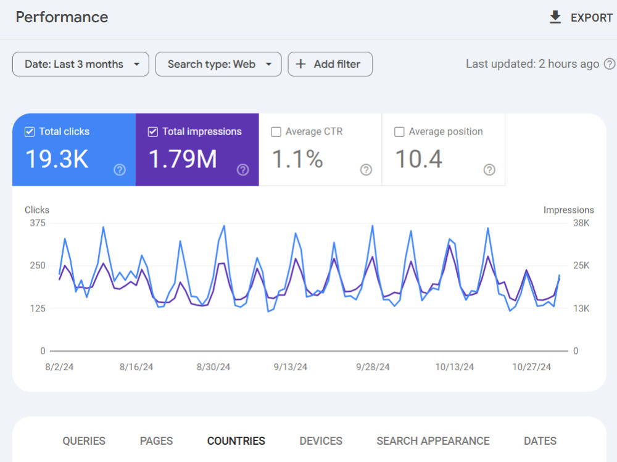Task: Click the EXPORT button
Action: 581,17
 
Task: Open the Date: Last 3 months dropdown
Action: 81,64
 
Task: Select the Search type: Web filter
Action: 218,64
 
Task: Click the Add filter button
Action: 330,64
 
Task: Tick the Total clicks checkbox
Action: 30,132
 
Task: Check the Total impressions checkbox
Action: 152,132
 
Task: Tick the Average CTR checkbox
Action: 276,132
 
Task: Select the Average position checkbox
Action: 399,132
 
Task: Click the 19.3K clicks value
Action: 57,159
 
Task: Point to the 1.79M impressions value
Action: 183,159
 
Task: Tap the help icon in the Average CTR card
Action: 366,170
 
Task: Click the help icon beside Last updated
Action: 610,64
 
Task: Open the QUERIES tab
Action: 84,441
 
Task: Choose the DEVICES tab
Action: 321,441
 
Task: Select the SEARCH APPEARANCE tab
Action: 433,441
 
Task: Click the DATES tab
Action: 540,441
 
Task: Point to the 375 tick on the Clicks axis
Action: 38,223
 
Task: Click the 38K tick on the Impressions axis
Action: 581,223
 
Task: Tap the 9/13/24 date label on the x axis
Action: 291,367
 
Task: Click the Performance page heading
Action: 62,17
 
